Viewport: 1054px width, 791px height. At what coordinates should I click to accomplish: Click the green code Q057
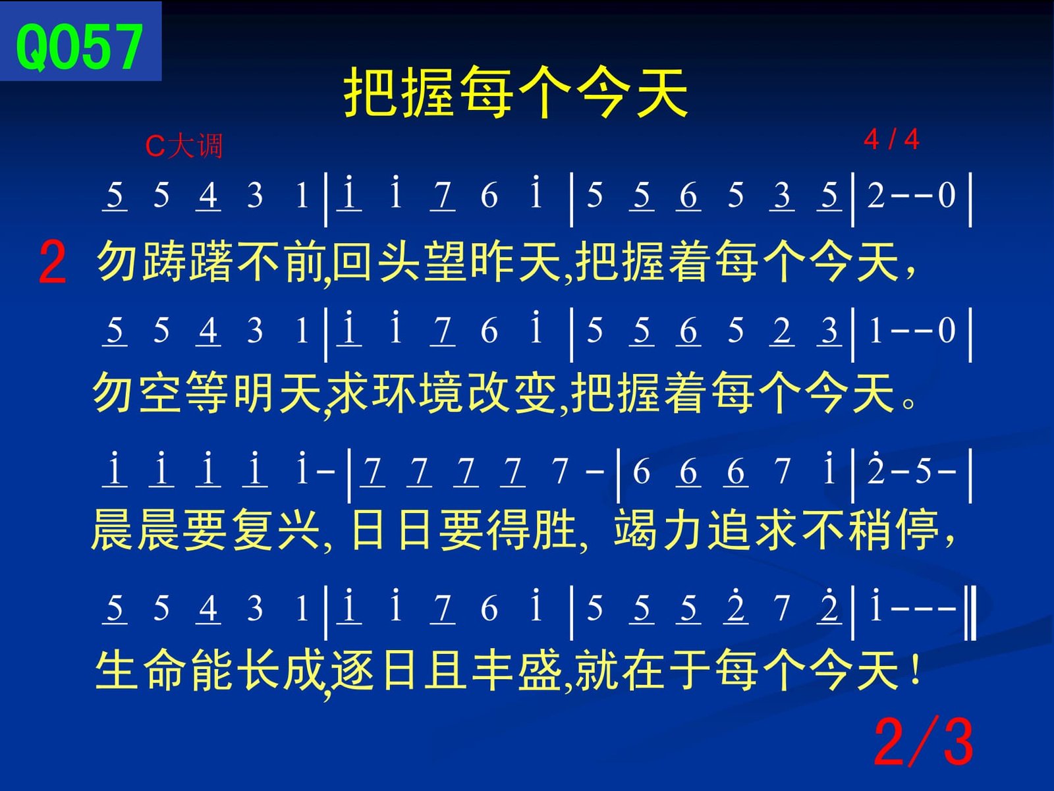pyautogui.click(x=79, y=47)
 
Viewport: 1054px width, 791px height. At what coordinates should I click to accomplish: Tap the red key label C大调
pyautogui.click(x=184, y=146)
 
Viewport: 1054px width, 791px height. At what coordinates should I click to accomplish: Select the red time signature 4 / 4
pyautogui.click(x=891, y=140)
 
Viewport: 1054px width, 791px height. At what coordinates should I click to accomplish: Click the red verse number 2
pyautogui.click(x=52, y=262)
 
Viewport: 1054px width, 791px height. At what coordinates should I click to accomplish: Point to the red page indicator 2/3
pyautogui.click(x=924, y=742)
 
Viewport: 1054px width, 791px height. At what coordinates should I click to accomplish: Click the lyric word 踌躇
pyautogui.click(x=188, y=262)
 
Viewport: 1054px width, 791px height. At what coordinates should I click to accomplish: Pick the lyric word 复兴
pyautogui.click(x=276, y=530)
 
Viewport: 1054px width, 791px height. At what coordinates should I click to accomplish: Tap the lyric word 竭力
pyautogui.click(x=659, y=530)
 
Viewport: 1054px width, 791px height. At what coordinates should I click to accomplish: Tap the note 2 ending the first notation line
pyautogui.click(x=876, y=196)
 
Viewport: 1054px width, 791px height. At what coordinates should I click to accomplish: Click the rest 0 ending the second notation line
pyautogui.click(x=947, y=330)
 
